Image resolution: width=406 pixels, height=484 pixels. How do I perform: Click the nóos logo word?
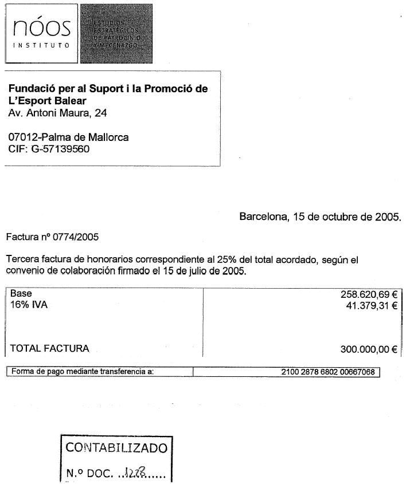point(41,27)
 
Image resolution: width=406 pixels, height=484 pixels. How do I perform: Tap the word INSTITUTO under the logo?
point(41,44)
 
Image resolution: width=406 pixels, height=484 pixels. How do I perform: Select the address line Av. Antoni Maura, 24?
point(58,113)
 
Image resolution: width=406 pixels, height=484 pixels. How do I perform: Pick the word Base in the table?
point(21,293)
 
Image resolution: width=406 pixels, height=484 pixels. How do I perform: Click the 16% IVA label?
point(29,305)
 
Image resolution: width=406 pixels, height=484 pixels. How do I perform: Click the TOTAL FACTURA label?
point(50,348)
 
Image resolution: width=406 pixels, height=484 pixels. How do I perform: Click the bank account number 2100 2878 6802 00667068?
point(328,372)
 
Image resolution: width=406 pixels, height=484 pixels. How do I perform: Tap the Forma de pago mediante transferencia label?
point(83,372)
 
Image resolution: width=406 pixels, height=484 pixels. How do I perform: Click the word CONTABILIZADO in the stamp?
point(116,447)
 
